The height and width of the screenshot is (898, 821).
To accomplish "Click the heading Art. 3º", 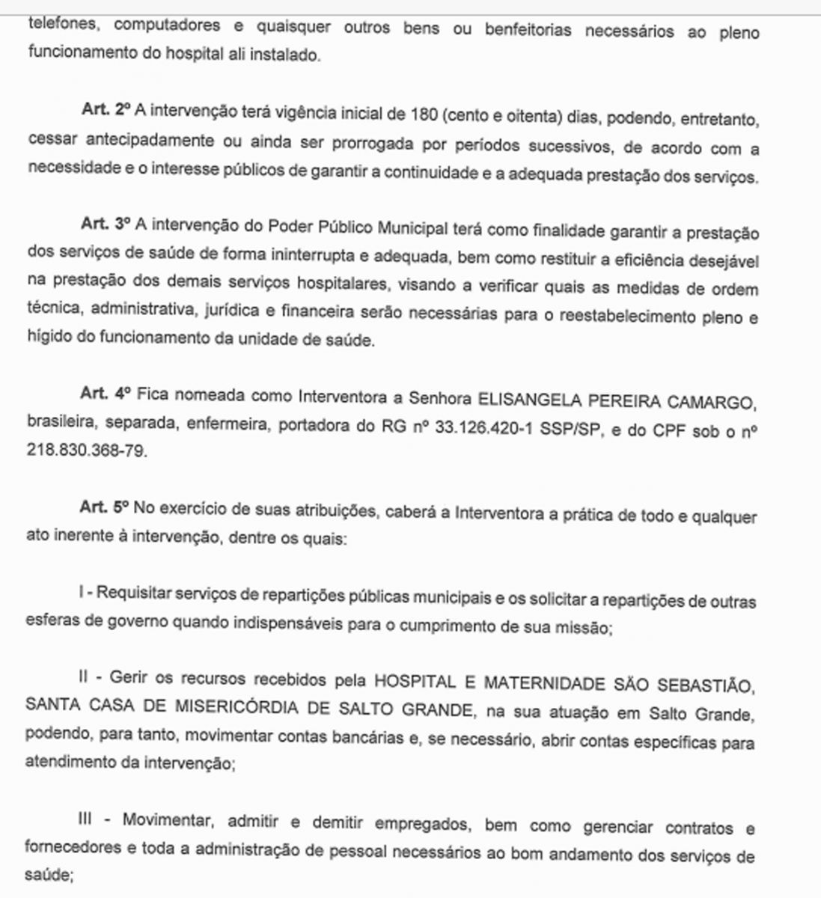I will [106, 224].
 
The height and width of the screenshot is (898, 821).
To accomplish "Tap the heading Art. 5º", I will [106, 508].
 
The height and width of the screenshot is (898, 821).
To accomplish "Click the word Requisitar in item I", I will [134, 595].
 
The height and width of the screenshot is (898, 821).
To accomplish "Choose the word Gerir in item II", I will [126, 679].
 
